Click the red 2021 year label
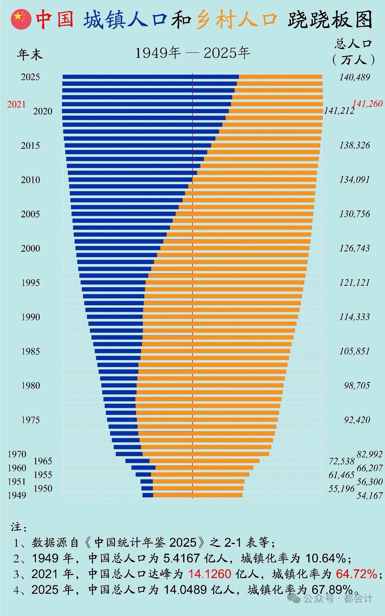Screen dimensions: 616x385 17,104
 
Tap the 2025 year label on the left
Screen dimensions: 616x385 30,77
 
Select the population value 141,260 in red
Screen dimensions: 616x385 367,104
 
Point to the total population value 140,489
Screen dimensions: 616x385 355,77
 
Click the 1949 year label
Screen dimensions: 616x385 17,495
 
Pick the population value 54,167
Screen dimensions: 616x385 370,496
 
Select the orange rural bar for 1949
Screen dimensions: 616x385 197,495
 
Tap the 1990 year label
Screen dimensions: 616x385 30,317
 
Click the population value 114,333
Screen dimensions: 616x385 355,317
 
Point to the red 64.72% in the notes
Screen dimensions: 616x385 356,574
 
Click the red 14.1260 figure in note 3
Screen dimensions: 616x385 210,574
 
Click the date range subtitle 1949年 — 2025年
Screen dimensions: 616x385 192,53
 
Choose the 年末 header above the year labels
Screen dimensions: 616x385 30,54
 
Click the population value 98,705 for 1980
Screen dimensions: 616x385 357,386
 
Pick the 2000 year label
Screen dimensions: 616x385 30,248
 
